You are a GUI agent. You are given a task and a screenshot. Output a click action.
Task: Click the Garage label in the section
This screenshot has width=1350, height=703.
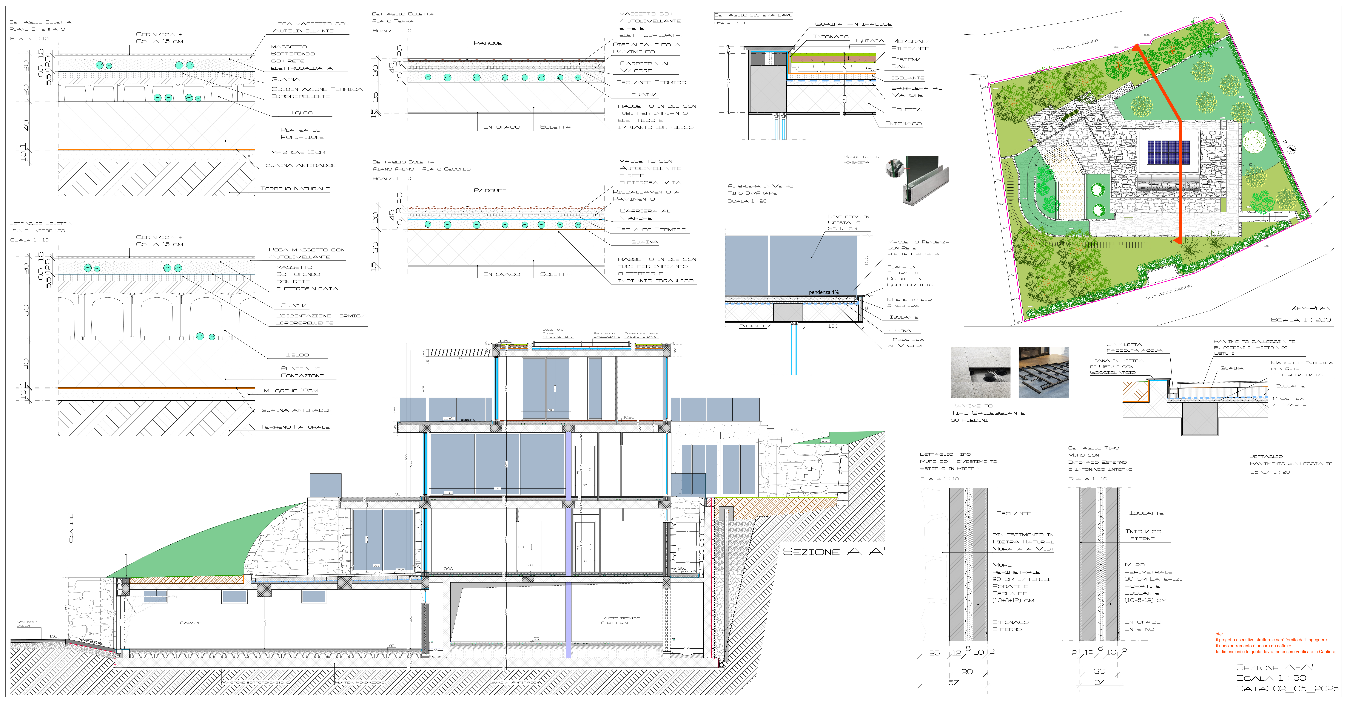[190, 623]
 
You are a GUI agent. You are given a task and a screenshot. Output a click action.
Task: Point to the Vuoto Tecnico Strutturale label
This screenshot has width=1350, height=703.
[621, 620]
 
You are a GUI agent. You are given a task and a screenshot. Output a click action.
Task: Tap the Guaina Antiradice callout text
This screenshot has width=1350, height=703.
[853, 24]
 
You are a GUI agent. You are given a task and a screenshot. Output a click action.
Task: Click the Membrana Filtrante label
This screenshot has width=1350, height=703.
[911, 44]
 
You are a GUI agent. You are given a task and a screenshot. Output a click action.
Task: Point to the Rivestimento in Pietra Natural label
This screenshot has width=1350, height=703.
[1022, 542]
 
